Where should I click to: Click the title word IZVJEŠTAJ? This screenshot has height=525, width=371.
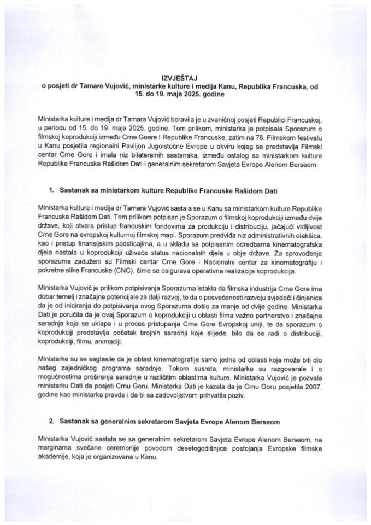[185, 78]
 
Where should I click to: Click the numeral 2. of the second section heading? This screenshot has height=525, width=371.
[52, 423]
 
